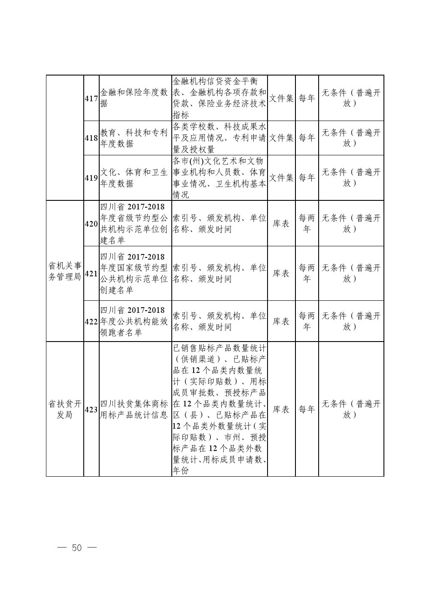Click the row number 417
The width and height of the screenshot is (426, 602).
pos(91,98)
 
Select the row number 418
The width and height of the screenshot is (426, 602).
pos(91,138)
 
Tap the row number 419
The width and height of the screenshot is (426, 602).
pos(91,178)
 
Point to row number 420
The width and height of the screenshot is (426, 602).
pos(91,224)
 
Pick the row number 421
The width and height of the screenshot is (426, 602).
pos(91,273)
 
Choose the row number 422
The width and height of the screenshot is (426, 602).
pos(91,321)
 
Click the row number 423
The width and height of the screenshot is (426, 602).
pos(91,409)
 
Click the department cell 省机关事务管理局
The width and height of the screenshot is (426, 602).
pos(64,271)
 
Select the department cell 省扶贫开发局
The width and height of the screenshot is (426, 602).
pos(64,409)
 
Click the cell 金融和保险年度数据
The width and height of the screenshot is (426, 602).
pos(135,98)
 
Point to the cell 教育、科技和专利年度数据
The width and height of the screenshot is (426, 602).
pos(135,138)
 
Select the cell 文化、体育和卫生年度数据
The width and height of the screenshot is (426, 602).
pos(135,178)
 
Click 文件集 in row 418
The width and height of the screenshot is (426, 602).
pos(281,138)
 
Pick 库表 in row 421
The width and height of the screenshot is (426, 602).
pos(281,273)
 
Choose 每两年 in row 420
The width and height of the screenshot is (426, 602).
pos(307,224)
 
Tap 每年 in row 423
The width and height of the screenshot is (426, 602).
pos(307,409)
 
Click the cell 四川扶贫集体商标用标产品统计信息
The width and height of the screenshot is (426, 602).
pos(135,409)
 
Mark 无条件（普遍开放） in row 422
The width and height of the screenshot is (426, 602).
pos(351,321)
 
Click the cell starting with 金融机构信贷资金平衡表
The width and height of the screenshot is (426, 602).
pos(219,98)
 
